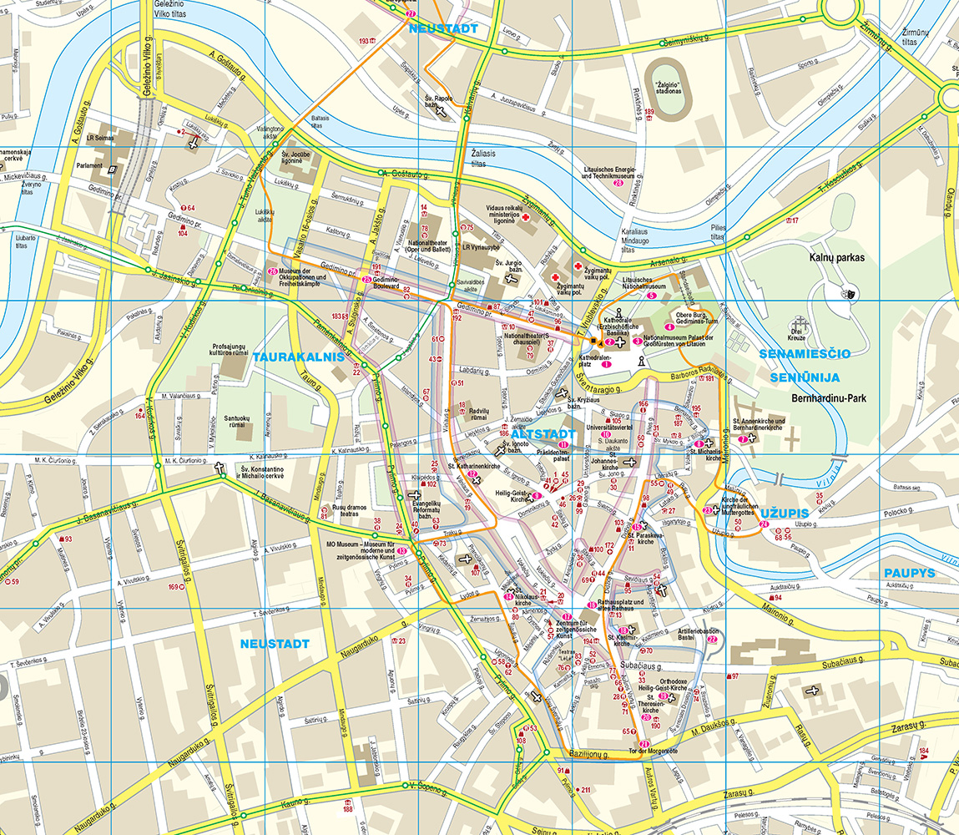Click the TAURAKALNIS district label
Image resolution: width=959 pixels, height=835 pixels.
(x=299, y=357)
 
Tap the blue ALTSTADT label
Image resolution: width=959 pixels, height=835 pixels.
(x=543, y=435)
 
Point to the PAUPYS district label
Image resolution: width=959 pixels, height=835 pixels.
(x=909, y=573)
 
